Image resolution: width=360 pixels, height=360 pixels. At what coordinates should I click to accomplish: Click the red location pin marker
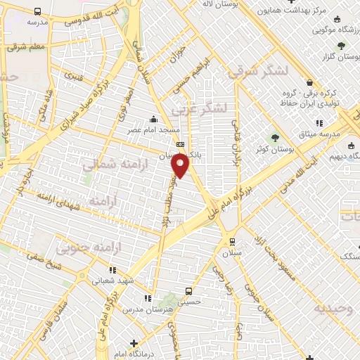pos(181,166)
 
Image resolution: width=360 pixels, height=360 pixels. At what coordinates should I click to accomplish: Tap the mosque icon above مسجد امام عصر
pos(153,120)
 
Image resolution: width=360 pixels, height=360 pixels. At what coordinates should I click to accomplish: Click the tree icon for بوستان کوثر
pos(276,138)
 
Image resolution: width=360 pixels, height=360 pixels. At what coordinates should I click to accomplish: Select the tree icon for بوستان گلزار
pos(341,46)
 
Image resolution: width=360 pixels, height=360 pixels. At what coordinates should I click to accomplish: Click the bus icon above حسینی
pos(188,291)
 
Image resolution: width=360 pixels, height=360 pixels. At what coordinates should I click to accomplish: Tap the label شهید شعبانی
pos(112,281)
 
